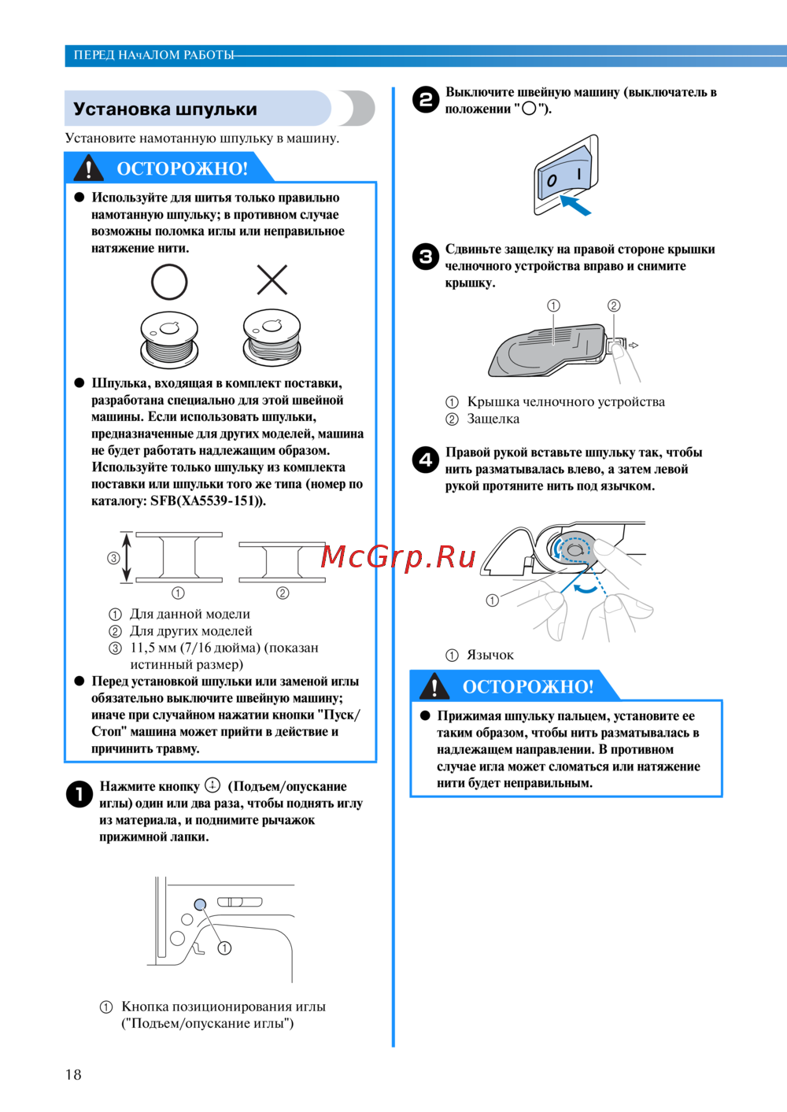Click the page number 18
pyautogui.click(x=73, y=1075)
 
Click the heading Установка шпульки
pyautogui.click(x=164, y=109)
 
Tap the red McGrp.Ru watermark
pyautogui.click(x=398, y=557)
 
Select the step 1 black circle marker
pyautogui.click(x=79, y=794)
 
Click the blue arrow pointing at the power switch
pyautogui.click(x=575, y=205)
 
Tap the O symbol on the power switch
pyautogui.click(x=552, y=180)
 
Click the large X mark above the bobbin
pyautogui.click(x=272, y=279)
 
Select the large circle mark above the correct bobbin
pyautogui.click(x=169, y=282)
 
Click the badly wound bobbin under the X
pyautogui.click(x=272, y=337)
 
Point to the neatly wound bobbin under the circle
pyautogui.click(x=169, y=339)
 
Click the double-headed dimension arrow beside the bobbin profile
pyautogui.click(x=127, y=556)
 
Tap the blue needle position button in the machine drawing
pyautogui.click(x=200, y=904)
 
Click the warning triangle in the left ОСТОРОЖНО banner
pyautogui.click(x=88, y=168)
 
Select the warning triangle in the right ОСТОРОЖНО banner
pyautogui.click(x=434, y=685)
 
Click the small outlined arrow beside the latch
pyautogui.click(x=634, y=345)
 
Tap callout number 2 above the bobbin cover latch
pyautogui.click(x=614, y=305)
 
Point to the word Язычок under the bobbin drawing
pyautogui.click(x=490, y=656)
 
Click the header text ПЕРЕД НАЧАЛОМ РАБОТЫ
pyautogui.click(x=153, y=55)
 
